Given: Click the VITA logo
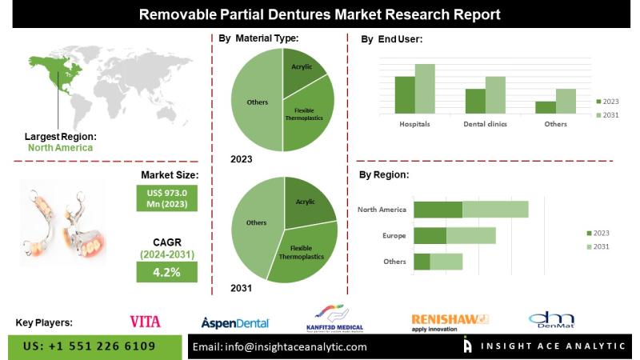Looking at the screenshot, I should [145, 321].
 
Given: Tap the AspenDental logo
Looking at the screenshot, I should [235, 322].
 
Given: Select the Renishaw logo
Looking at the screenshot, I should [449, 321].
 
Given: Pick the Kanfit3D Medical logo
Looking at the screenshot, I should [334, 318].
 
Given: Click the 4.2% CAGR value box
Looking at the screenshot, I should [166, 272].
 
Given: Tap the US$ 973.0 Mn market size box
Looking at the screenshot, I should [166, 198].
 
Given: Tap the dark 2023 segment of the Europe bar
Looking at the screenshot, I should [430, 235].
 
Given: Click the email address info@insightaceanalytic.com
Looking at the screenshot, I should [280, 346].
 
